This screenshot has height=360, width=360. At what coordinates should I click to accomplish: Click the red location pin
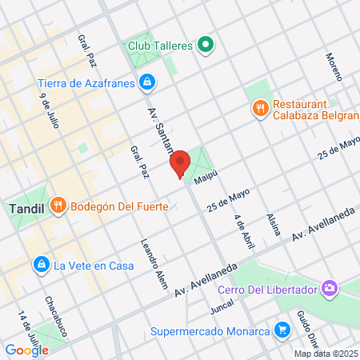[x=180, y=162]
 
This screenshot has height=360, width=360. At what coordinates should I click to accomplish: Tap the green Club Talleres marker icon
[x=206, y=46]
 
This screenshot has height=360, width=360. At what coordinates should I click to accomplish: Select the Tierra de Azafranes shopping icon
[x=146, y=82]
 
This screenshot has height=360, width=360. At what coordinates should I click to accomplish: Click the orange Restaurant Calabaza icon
[x=259, y=109]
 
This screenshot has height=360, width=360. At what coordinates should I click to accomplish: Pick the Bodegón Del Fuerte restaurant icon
[x=58, y=207]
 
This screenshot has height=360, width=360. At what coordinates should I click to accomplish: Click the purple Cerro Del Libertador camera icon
[x=329, y=288]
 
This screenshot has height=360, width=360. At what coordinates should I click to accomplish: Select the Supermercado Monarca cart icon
[x=282, y=330]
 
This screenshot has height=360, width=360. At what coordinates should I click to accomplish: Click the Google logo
[x=27, y=350]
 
